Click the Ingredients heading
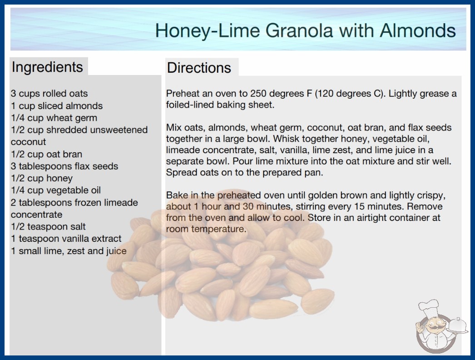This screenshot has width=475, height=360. (47, 67)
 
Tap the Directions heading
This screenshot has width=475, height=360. (199, 68)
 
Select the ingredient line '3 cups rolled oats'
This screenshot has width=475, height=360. (49, 94)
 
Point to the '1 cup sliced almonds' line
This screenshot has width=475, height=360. (57, 105)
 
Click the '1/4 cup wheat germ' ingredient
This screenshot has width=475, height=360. (54, 118)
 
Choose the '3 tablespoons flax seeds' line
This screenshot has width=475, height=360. (64, 166)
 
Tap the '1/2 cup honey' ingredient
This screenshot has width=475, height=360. (42, 178)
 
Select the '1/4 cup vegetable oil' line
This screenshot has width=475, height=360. (56, 190)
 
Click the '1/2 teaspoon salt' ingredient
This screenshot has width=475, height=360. (48, 226)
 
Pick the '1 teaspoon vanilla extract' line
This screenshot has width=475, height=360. (66, 239)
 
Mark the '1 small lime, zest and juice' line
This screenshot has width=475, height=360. (69, 251)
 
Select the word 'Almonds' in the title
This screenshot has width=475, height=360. (418, 30)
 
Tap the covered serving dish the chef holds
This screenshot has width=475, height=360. (457, 325)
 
